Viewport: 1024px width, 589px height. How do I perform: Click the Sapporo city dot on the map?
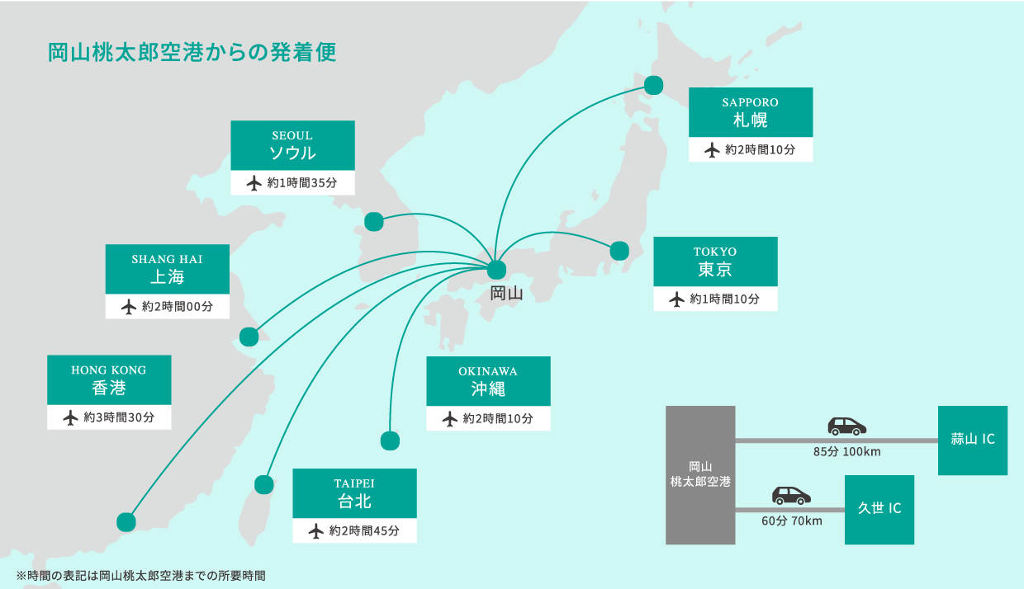pos(654,85)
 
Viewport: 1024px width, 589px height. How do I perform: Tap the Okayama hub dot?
pos(496,270)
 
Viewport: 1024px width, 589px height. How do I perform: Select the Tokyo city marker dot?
pos(619,250)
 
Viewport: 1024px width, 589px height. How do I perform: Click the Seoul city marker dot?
pos(374,221)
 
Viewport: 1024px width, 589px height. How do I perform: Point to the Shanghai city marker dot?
pos(249,337)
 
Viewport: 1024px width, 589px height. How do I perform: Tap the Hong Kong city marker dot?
pos(126,521)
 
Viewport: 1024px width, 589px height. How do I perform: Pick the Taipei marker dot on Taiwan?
pos(264,484)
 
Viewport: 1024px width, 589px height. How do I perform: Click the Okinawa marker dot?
pos(390,441)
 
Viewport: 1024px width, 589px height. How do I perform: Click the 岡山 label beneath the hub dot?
pos(506,293)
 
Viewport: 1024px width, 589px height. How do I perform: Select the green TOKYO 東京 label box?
pos(715,262)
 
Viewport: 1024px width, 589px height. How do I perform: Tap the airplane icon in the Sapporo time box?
pos(712,150)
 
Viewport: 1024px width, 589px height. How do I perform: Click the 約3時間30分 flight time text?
pos(119,417)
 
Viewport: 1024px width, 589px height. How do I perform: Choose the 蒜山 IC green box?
pos(972,440)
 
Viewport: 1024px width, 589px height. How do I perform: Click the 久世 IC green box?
pos(879,509)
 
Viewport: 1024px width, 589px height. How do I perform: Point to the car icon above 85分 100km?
pos(846,426)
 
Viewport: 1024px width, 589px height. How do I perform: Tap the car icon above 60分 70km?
pos(791,495)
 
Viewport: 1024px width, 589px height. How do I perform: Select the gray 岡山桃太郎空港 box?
pos(700,474)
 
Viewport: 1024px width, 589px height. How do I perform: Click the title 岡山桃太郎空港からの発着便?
pos(192,52)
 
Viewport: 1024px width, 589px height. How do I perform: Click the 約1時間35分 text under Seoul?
pos(302,183)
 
